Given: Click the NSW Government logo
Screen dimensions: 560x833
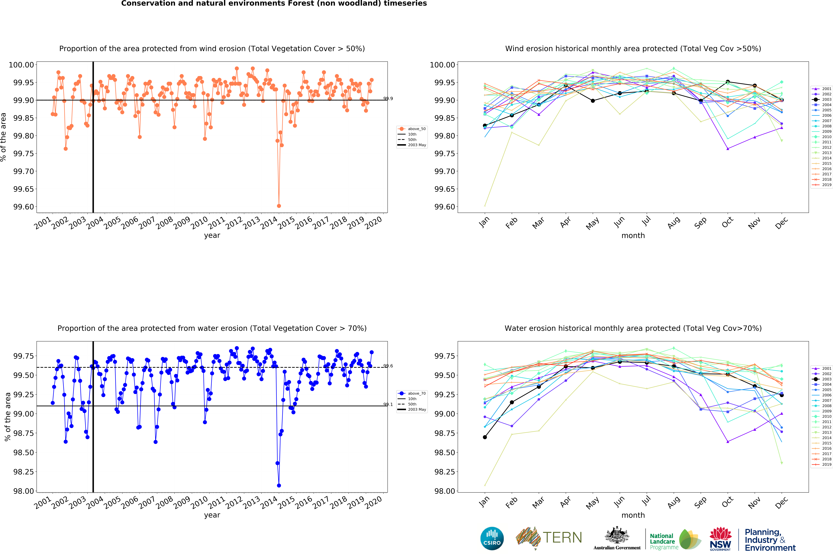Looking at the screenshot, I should point(720,539).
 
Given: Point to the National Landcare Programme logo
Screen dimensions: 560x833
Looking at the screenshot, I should point(675,539).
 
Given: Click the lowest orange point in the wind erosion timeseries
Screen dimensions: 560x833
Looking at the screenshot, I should point(279,206).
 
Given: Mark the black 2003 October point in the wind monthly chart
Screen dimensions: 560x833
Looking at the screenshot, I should point(728,82).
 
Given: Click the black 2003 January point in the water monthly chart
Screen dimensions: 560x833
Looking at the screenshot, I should point(485,437).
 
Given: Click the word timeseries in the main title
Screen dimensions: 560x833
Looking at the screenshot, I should point(405,4).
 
